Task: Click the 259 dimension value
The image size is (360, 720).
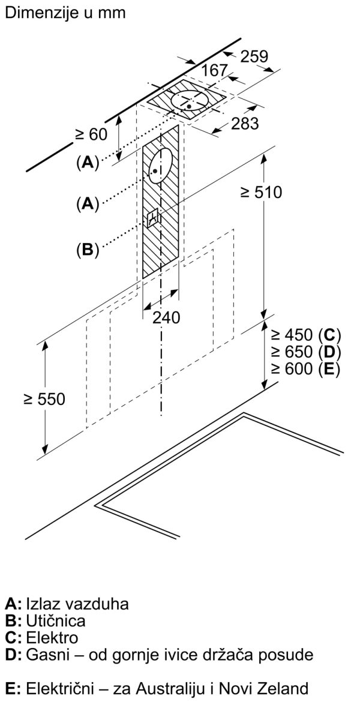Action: coord(254,56)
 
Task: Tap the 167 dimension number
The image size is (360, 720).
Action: coord(214,71)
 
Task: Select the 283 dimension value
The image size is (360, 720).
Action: coord(245,124)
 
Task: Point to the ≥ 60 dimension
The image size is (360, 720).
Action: coord(91,134)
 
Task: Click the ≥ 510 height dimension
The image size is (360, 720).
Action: coord(260,192)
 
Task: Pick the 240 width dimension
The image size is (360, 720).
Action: coord(166,317)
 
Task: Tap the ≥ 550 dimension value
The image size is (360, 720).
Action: coord(44,399)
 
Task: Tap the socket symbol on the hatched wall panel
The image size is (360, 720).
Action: coord(153,217)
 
